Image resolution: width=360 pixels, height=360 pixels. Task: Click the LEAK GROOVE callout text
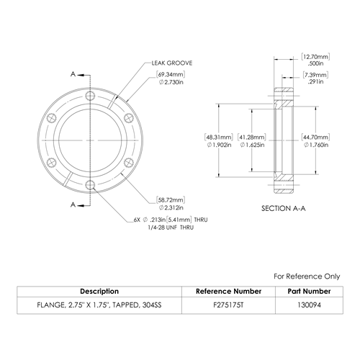(172, 63)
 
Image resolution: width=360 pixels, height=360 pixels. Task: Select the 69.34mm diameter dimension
(171, 78)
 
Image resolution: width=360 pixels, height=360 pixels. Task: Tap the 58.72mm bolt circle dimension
(171, 204)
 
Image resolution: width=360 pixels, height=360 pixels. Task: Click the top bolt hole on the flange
(90, 96)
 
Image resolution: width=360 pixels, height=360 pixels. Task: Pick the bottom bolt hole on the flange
(90, 185)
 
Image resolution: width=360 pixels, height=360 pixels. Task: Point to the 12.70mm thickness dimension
(315, 60)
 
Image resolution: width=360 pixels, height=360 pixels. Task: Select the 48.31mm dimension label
(219, 141)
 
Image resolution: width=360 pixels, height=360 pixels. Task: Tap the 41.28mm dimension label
(252, 141)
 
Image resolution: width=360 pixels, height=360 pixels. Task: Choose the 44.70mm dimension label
(315, 141)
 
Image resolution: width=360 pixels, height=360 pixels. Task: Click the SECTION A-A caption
(284, 208)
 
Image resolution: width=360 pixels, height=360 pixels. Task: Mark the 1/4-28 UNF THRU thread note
(171, 228)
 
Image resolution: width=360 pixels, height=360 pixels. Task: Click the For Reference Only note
(307, 276)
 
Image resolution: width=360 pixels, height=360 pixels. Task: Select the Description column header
(99, 292)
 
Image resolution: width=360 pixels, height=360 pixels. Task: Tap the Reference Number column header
(228, 292)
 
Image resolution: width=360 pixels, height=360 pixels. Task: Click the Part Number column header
(309, 292)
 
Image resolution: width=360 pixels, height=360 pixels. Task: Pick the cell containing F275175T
(228, 305)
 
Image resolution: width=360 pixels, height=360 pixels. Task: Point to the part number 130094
(309, 305)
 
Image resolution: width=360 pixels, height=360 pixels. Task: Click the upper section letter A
(73, 74)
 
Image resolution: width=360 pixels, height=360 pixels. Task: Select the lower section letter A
(73, 204)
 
